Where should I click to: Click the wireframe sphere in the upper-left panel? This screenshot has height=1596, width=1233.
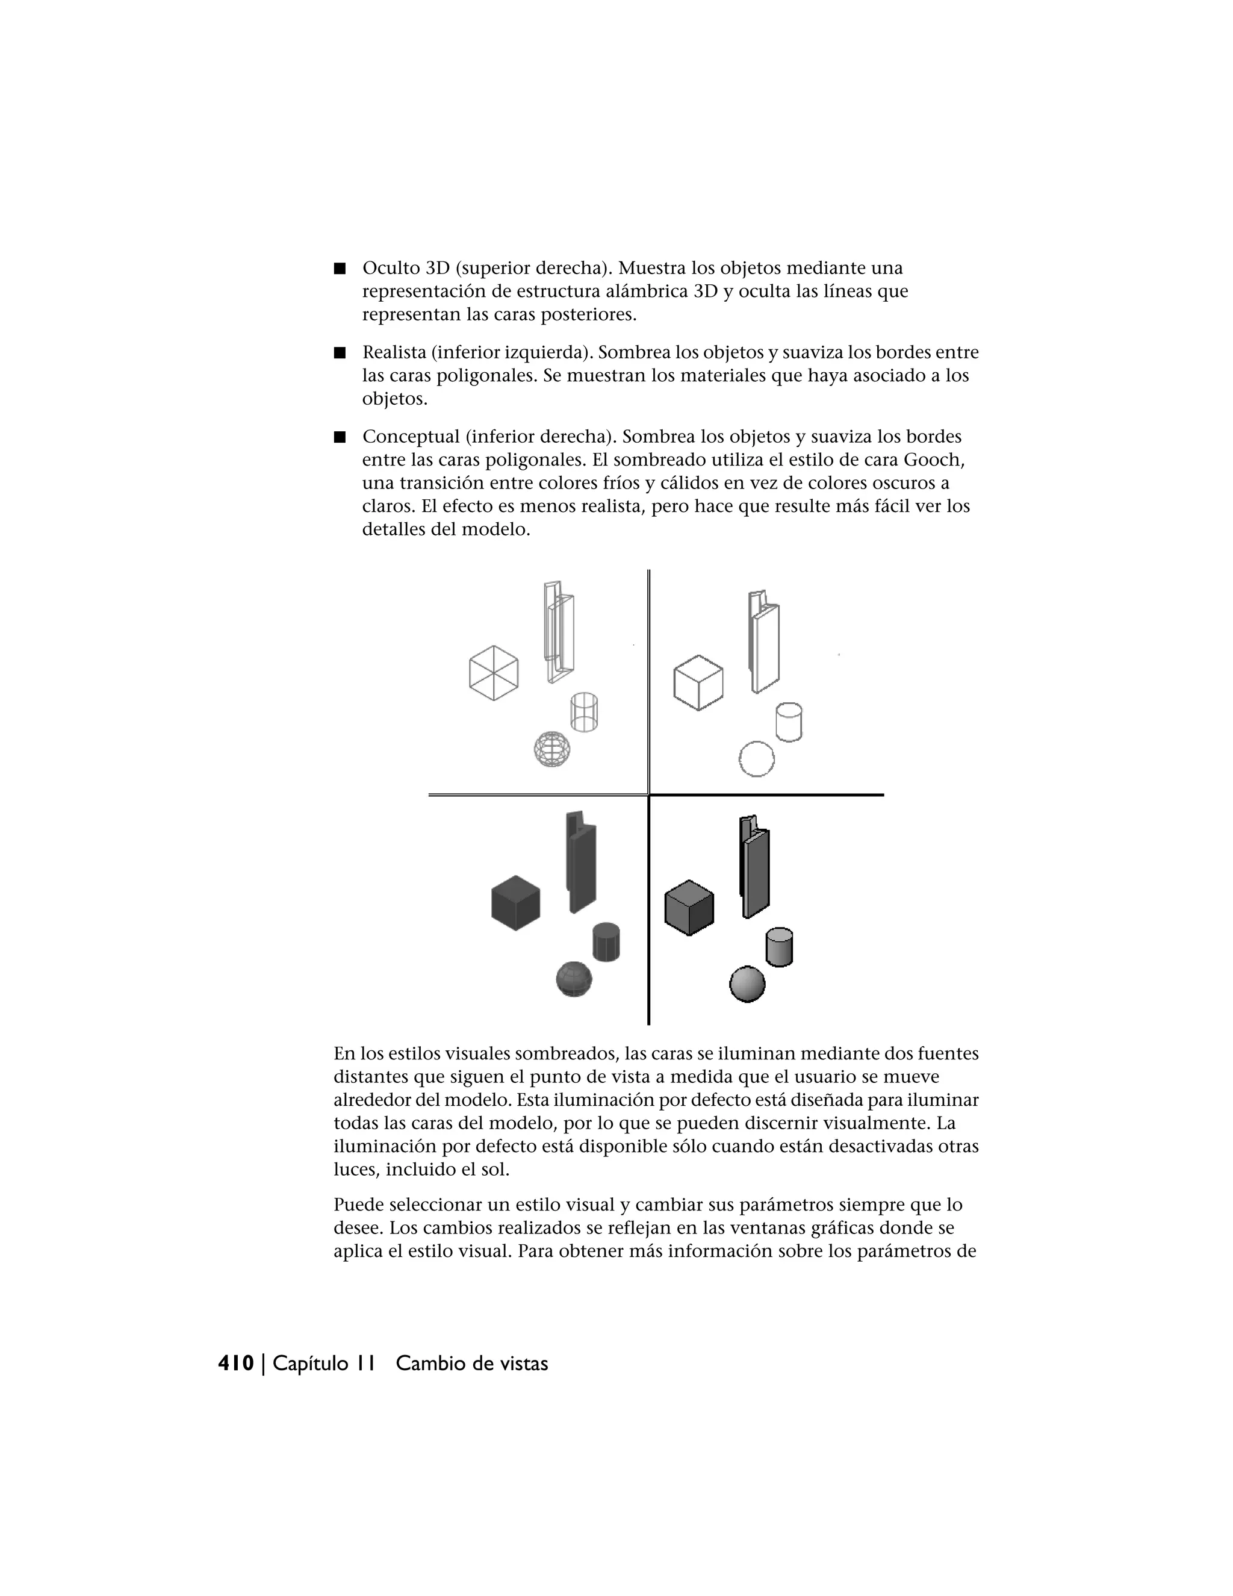[551, 749]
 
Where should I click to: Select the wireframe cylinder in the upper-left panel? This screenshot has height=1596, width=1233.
[583, 712]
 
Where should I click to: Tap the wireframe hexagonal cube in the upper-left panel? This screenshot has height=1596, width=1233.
[494, 672]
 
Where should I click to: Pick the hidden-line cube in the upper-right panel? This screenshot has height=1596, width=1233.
[698, 682]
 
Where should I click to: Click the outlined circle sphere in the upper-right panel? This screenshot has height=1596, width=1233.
[756, 758]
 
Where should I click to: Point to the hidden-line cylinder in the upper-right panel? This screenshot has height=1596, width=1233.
[788, 722]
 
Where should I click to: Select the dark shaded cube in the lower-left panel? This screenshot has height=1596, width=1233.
[516, 903]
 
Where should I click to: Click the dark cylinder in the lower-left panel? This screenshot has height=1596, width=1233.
[606, 942]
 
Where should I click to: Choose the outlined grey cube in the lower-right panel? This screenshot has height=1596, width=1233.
[689, 907]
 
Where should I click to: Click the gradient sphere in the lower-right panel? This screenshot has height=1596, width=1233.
[747, 983]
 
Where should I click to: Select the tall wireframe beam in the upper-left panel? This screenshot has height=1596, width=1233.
[559, 632]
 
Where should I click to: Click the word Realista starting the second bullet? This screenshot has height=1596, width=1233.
[394, 353]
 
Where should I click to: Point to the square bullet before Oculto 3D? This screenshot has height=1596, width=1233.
[339, 268]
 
